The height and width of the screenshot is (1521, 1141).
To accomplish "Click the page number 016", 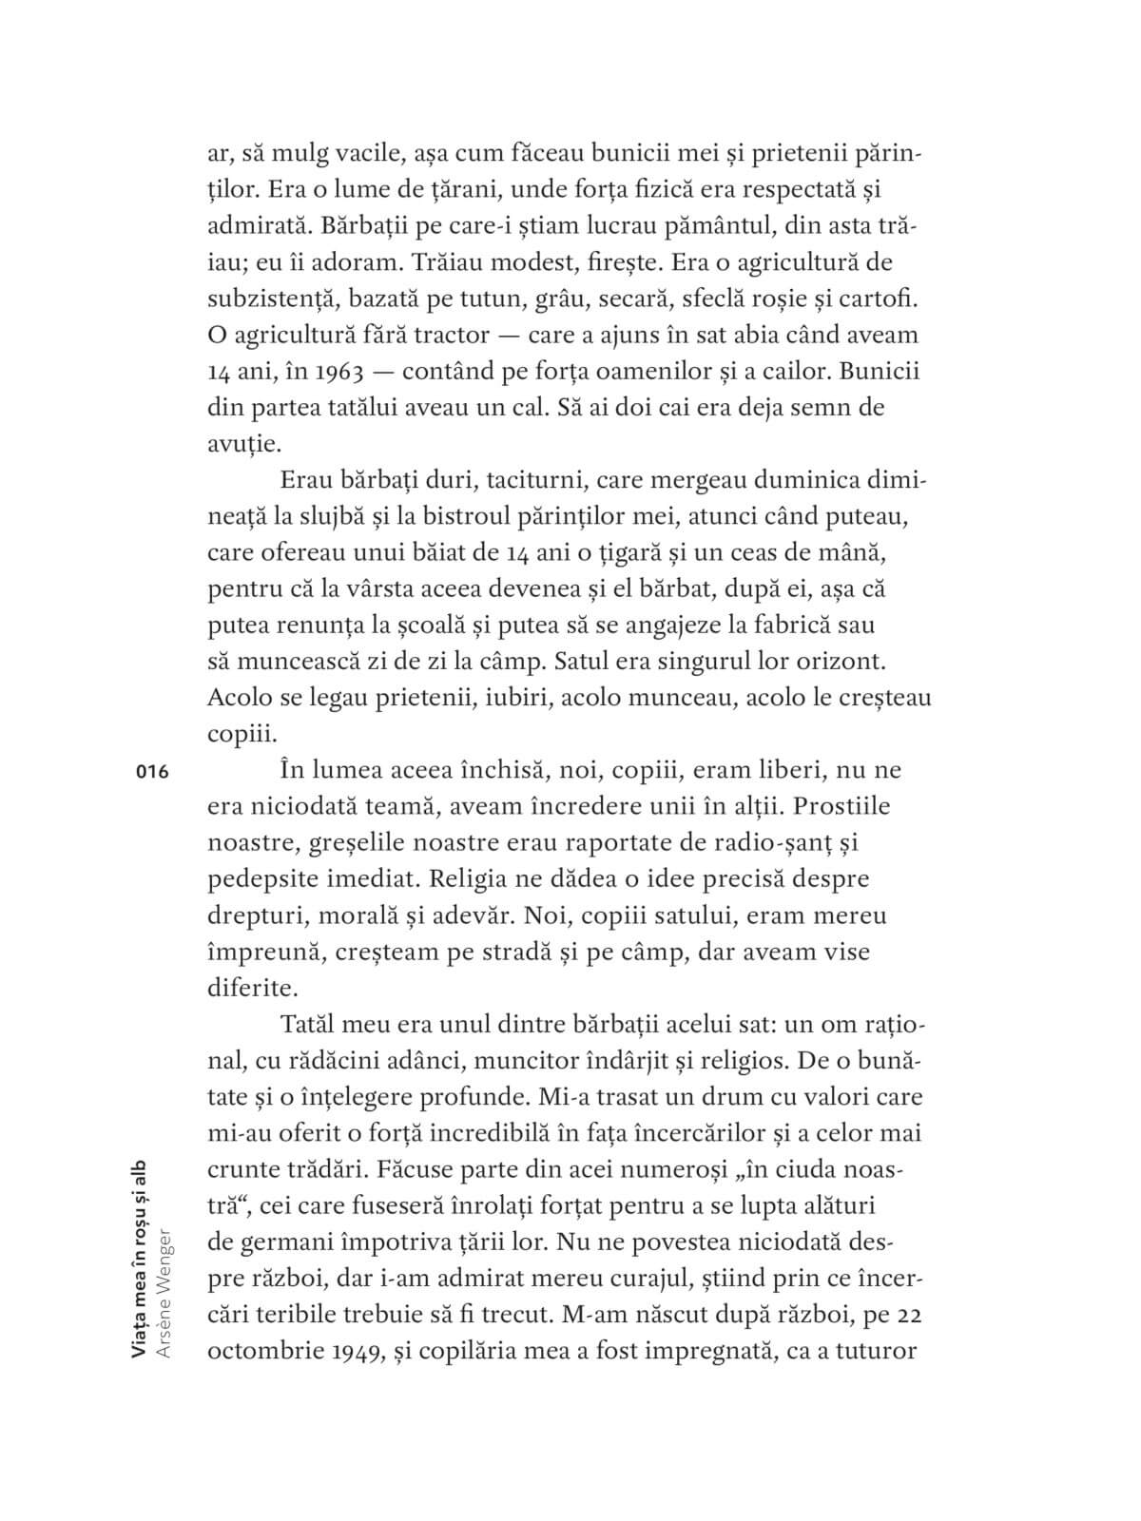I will point(152,772).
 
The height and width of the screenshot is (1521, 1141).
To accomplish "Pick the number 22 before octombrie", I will point(911,1317).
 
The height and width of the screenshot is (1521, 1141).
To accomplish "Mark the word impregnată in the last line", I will point(701,1353).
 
